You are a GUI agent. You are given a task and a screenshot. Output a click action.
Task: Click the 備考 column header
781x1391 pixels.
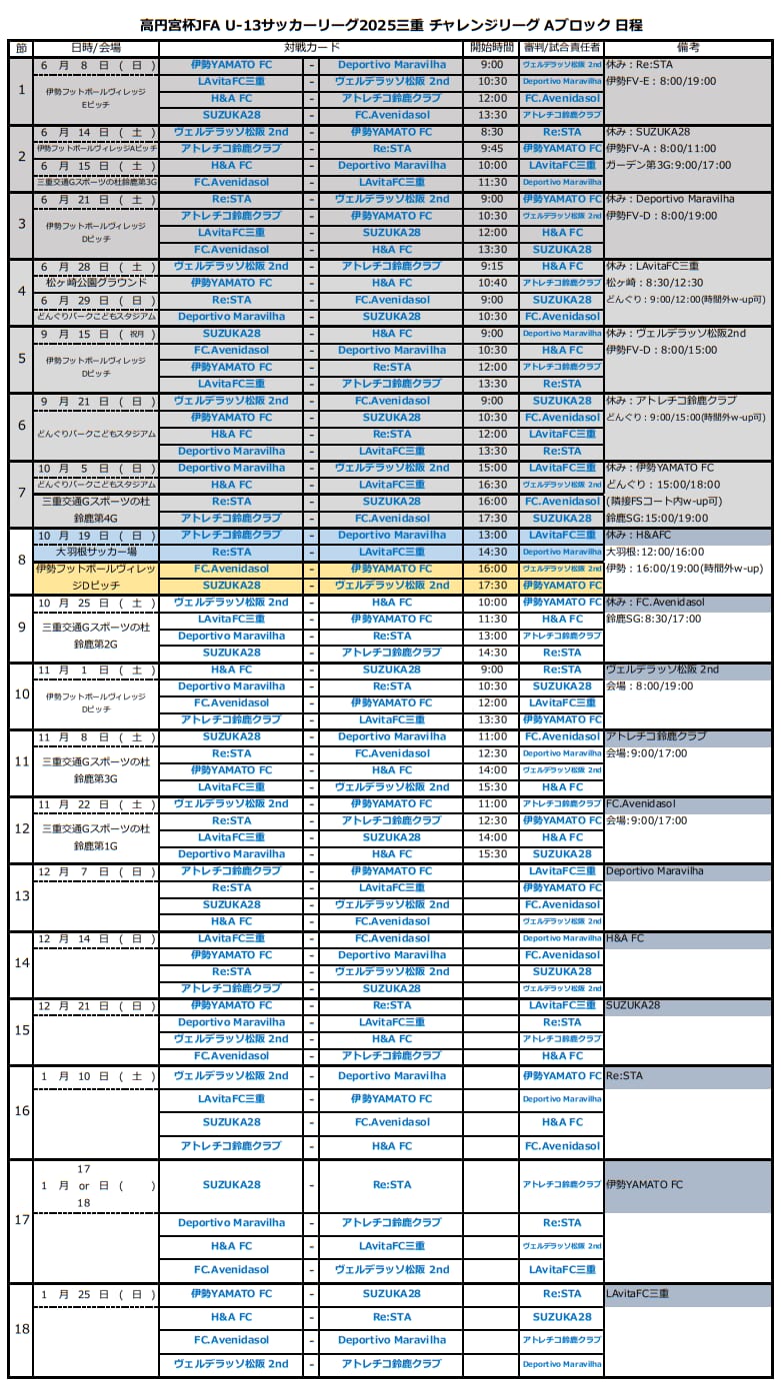pos(687,48)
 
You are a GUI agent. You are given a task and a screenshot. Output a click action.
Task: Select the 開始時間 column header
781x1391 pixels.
pos(492,48)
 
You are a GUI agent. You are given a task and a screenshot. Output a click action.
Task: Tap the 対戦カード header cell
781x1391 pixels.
pos(312,48)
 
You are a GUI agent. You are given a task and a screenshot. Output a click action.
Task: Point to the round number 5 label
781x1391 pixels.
pos(21,359)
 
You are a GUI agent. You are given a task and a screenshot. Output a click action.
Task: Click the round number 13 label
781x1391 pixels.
pos(21,896)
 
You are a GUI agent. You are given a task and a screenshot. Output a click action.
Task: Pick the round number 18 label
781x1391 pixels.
pos(21,1329)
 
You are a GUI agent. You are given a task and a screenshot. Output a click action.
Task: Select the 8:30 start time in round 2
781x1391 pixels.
pos(492,132)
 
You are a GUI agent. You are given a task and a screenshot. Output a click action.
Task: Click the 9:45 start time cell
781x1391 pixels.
pos(492,149)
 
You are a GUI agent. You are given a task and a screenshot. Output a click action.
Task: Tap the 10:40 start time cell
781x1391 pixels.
pos(492,283)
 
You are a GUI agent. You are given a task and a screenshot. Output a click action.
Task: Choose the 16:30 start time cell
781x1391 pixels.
pos(492,485)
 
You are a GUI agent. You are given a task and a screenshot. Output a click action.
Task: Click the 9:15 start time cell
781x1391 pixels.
pos(492,267)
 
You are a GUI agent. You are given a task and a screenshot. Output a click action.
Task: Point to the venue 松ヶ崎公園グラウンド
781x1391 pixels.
pos(96,283)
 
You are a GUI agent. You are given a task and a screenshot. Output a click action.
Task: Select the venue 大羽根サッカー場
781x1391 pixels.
pos(96,552)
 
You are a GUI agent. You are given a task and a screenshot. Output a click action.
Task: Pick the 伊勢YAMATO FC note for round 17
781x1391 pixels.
pos(645,1185)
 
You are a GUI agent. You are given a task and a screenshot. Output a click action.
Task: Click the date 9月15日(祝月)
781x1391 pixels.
pos(96,334)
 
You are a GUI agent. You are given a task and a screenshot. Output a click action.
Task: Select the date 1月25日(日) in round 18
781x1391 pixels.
pos(96,1294)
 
